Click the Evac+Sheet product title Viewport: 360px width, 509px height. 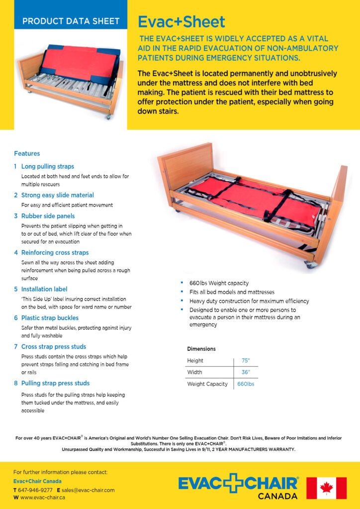181,22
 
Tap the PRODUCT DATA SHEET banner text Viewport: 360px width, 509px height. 71,21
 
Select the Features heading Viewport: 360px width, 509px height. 27,154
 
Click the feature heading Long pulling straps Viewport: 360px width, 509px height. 48,167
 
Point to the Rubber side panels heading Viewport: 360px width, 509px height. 48,216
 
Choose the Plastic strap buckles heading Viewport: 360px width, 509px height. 50,318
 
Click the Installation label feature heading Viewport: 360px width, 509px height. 44,289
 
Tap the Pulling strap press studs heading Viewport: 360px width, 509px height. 56,383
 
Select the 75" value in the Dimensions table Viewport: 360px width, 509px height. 246,360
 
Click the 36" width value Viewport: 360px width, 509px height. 246,372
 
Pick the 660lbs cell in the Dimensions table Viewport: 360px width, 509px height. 246,384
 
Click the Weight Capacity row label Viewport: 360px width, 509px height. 207,384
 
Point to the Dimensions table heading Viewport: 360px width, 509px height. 201,349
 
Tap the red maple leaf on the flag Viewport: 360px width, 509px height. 326,488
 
